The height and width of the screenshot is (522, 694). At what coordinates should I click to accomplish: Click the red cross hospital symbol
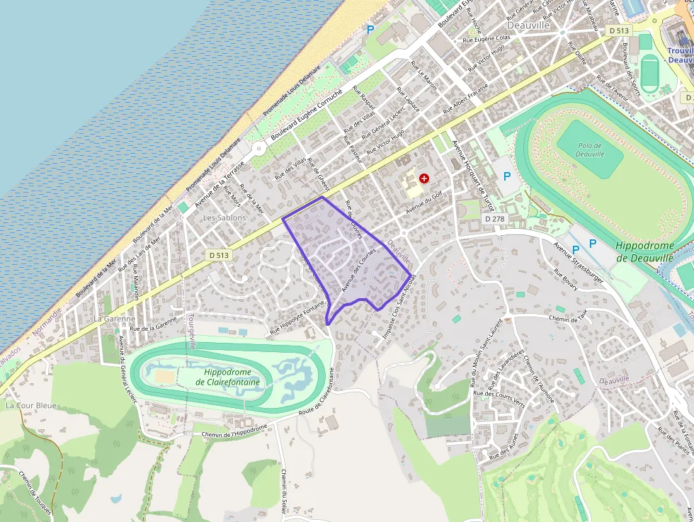click(x=424, y=178)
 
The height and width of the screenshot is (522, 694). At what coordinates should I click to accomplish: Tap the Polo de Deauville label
click(x=590, y=149)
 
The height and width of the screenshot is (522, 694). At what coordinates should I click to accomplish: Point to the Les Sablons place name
click(x=224, y=218)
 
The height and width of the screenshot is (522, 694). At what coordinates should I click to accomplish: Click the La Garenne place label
click(x=114, y=319)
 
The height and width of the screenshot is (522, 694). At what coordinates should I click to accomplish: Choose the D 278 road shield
click(x=495, y=220)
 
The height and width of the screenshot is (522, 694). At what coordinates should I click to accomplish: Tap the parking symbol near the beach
click(x=370, y=30)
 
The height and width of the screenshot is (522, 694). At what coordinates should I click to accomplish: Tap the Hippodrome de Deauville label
click(x=644, y=252)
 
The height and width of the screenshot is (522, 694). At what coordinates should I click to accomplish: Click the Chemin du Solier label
click(x=284, y=489)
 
